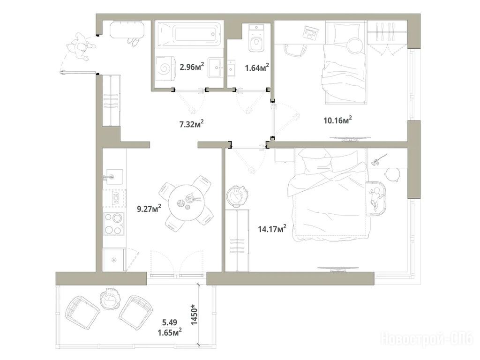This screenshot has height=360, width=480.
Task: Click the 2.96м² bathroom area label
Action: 192,67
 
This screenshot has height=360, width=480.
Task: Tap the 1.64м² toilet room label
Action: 257,67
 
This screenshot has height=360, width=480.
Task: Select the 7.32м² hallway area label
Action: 192,124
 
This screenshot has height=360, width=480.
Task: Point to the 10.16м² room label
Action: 337,120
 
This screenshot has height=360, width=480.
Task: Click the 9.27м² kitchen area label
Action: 149,209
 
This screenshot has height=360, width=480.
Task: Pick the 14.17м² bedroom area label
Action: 272,228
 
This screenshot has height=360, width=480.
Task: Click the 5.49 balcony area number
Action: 170,322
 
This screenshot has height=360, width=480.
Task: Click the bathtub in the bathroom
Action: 189,34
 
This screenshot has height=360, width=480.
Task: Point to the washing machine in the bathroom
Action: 165,69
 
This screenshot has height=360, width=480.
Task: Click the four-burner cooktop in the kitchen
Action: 113,224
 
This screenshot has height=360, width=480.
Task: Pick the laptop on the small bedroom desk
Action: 310,33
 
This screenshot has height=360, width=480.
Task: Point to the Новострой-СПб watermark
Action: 426,339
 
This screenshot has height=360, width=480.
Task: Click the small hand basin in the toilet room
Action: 231,68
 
